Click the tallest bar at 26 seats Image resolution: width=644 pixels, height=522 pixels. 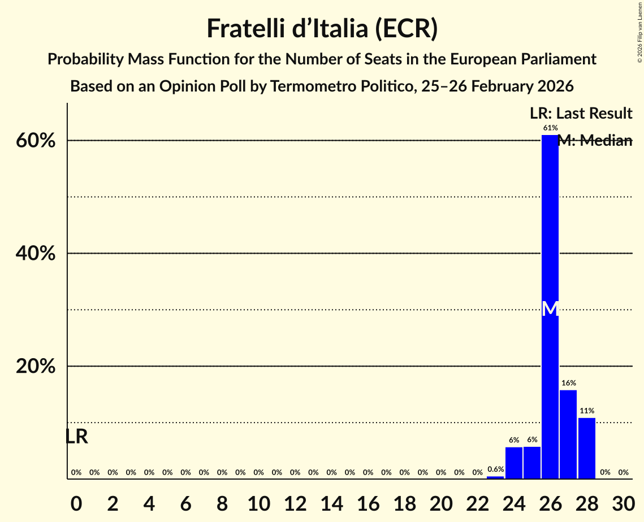pos(550,254)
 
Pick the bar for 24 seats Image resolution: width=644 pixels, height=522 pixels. pos(514,463)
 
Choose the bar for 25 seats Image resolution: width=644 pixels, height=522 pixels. pos(532,463)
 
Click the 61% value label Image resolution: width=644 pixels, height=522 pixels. pos(550,128)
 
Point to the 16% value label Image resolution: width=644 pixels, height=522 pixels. pos(568,384)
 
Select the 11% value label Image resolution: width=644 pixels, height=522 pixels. pos(587,411)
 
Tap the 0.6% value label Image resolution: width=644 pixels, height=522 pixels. pos(496,469)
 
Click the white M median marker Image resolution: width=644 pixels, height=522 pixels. pos(550,308)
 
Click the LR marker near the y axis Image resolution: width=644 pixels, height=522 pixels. pos(76,437)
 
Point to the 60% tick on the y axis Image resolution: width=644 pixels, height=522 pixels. pos(35,141)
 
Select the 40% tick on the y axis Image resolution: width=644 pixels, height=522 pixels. pos(35,254)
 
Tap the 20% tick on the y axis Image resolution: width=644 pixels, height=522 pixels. pos(35,367)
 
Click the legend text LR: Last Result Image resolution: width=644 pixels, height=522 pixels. pos(581,114)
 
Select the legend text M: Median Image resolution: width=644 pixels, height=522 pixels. pos(594,141)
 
